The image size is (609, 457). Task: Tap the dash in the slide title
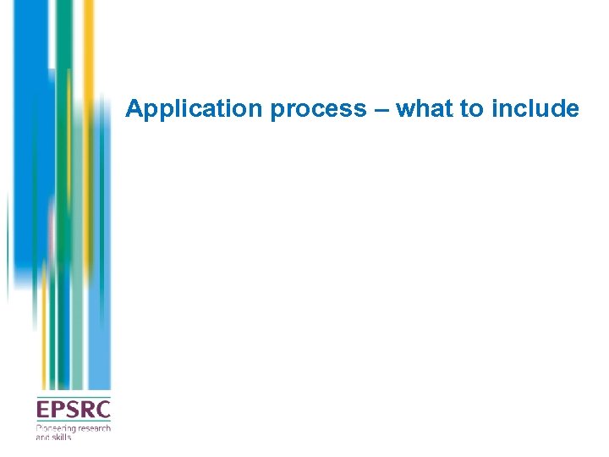pos(381,109)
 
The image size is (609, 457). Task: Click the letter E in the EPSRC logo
pos(42,410)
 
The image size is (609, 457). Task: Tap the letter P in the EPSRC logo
pos(57,410)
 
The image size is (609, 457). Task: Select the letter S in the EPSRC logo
pos(71,410)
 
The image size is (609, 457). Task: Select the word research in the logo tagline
pos(95,429)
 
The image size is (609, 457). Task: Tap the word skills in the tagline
pos(62,437)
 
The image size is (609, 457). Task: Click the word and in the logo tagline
pos(42,437)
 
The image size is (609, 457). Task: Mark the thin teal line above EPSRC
pos(73,397)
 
